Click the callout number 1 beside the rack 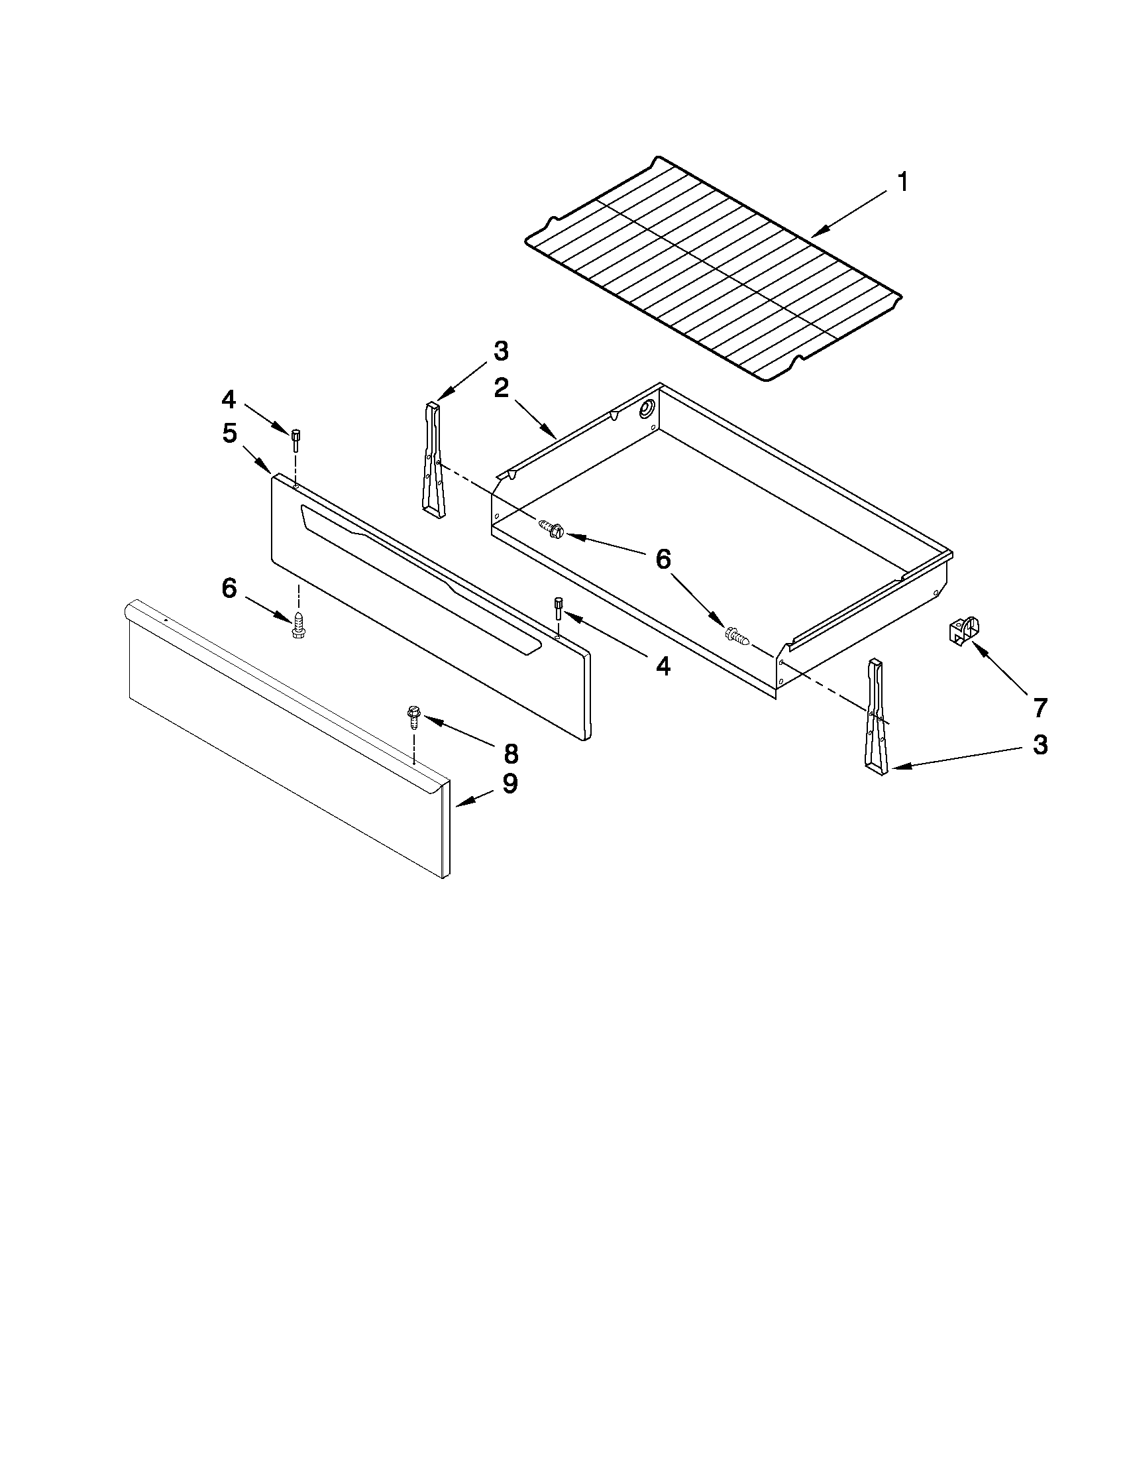pyautogui.click(x=902, y=182)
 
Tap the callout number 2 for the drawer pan pyautogui.click(x=502, y=388)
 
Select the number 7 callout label pyautogui.click(x=1040, y=707)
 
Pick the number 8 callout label pyautogui.click(x=510, y=754)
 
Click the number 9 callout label pyautogui.click(x=510, y=784)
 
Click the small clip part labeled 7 pyautogui.click(x=964, y=630)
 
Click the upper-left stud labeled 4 pyautogui.click(x=294, y=441)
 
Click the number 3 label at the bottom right pyautogui.click(x=1040, y=745)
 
